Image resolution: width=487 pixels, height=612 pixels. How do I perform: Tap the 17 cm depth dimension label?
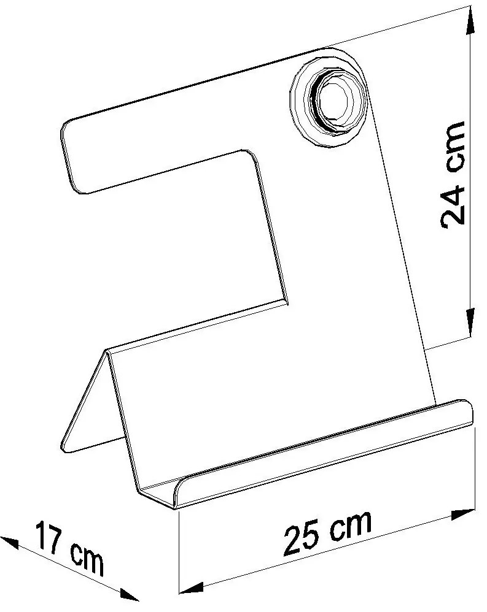click(x=69, y=548)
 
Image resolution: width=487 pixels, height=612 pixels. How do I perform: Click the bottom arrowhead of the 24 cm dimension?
click(x=470, y=324)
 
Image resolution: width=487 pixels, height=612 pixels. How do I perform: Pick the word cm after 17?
click(x=86, y=558)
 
